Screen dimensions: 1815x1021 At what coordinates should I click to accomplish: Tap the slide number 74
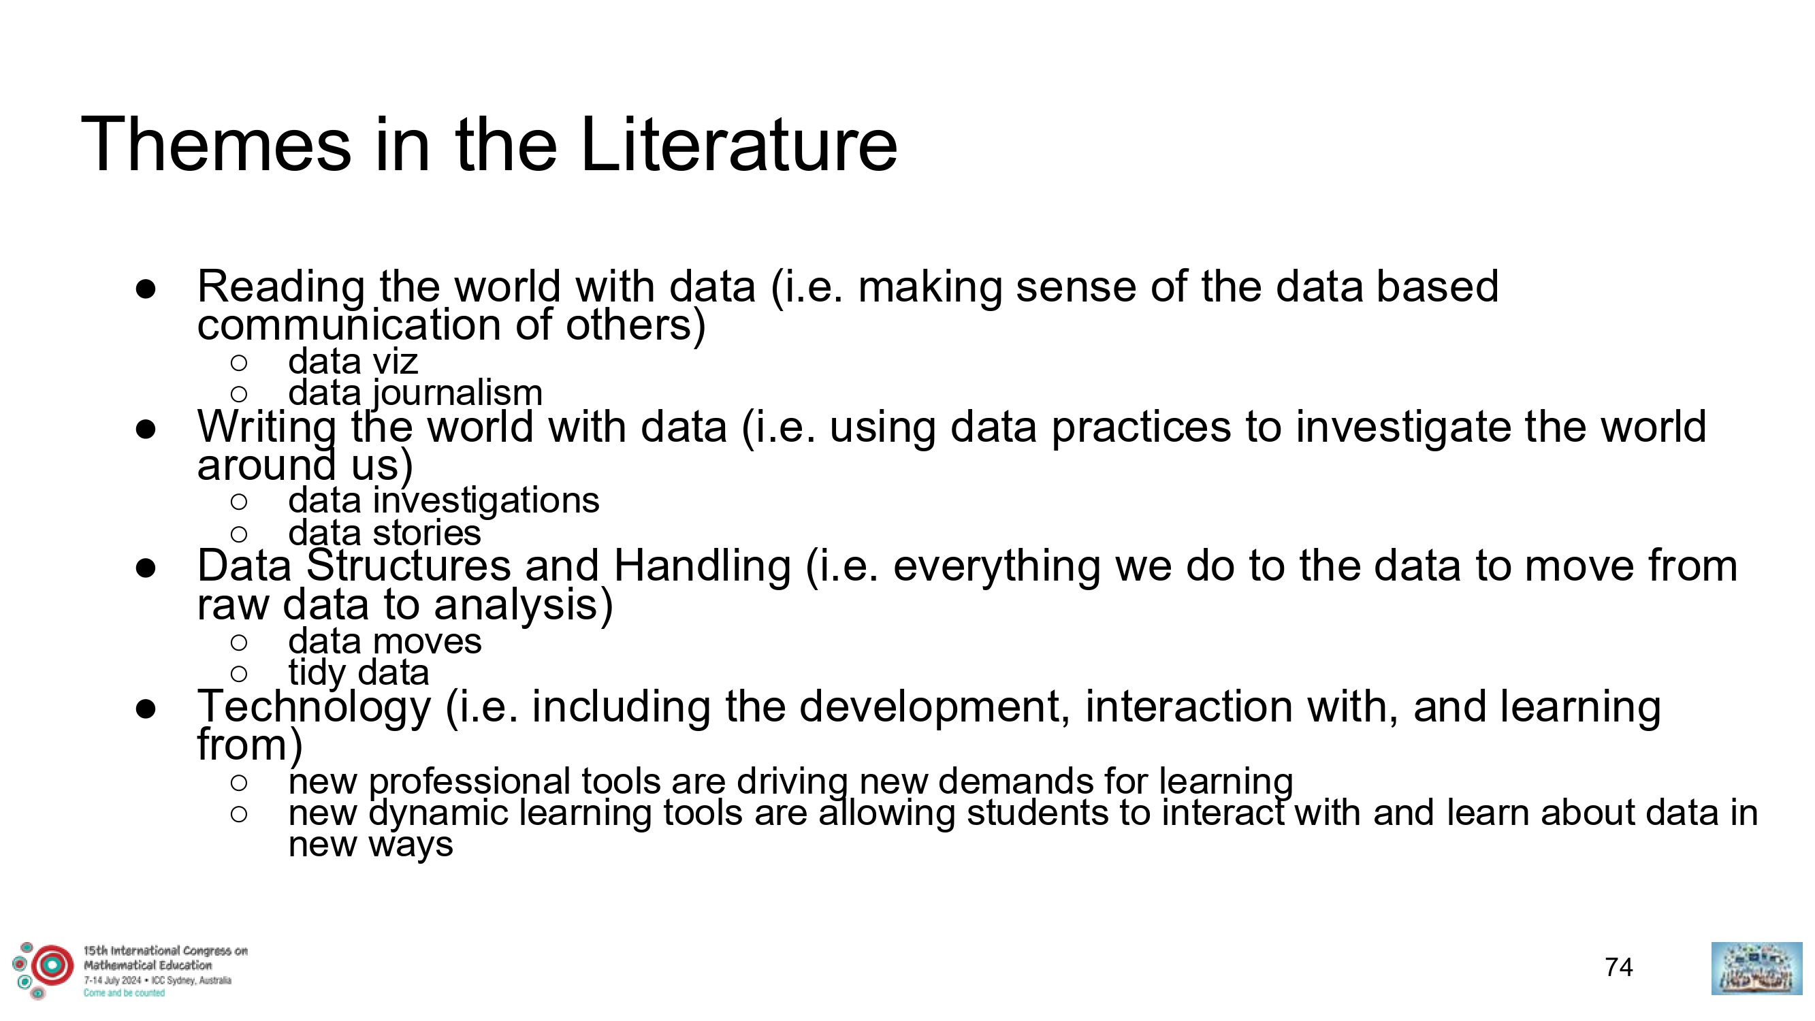pos(1618,967)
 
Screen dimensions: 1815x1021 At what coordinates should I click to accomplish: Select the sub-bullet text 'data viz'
pos(353,361)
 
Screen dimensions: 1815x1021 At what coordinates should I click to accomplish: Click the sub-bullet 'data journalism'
pos(416,393)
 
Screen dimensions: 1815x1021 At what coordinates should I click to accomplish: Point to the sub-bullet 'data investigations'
pos(444,501)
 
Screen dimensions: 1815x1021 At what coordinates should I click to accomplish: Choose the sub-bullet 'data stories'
pos(385,533)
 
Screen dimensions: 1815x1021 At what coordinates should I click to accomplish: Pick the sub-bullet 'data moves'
pos(385,641)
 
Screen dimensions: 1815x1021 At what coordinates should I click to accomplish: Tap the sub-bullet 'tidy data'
pos(359,673)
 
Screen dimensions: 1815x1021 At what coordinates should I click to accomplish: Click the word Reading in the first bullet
pos(281,287)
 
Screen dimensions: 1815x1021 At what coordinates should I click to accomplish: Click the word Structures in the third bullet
pos(408,566)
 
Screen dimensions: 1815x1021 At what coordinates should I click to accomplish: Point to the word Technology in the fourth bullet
pos(315,707)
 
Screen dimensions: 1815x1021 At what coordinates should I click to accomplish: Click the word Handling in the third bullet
pos(703,566)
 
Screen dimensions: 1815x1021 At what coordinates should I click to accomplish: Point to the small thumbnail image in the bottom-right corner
pos(1757,969)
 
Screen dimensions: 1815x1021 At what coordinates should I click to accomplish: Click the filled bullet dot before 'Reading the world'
pos(146,289)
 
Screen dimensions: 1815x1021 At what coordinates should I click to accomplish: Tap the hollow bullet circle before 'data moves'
pos(239,642)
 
